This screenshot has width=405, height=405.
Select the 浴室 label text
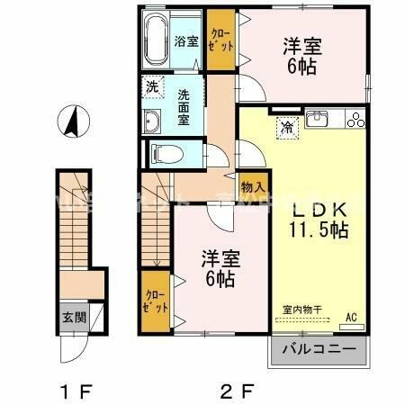(186, 40)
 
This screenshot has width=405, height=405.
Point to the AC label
(353, 318)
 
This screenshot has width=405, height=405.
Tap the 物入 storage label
(252, 186)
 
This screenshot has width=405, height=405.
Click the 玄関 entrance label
(72, 317)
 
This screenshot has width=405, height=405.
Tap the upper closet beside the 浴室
(220, 39)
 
